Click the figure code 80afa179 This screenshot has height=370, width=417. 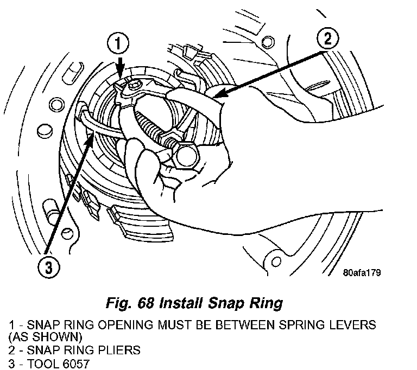[x=358, y=272]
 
